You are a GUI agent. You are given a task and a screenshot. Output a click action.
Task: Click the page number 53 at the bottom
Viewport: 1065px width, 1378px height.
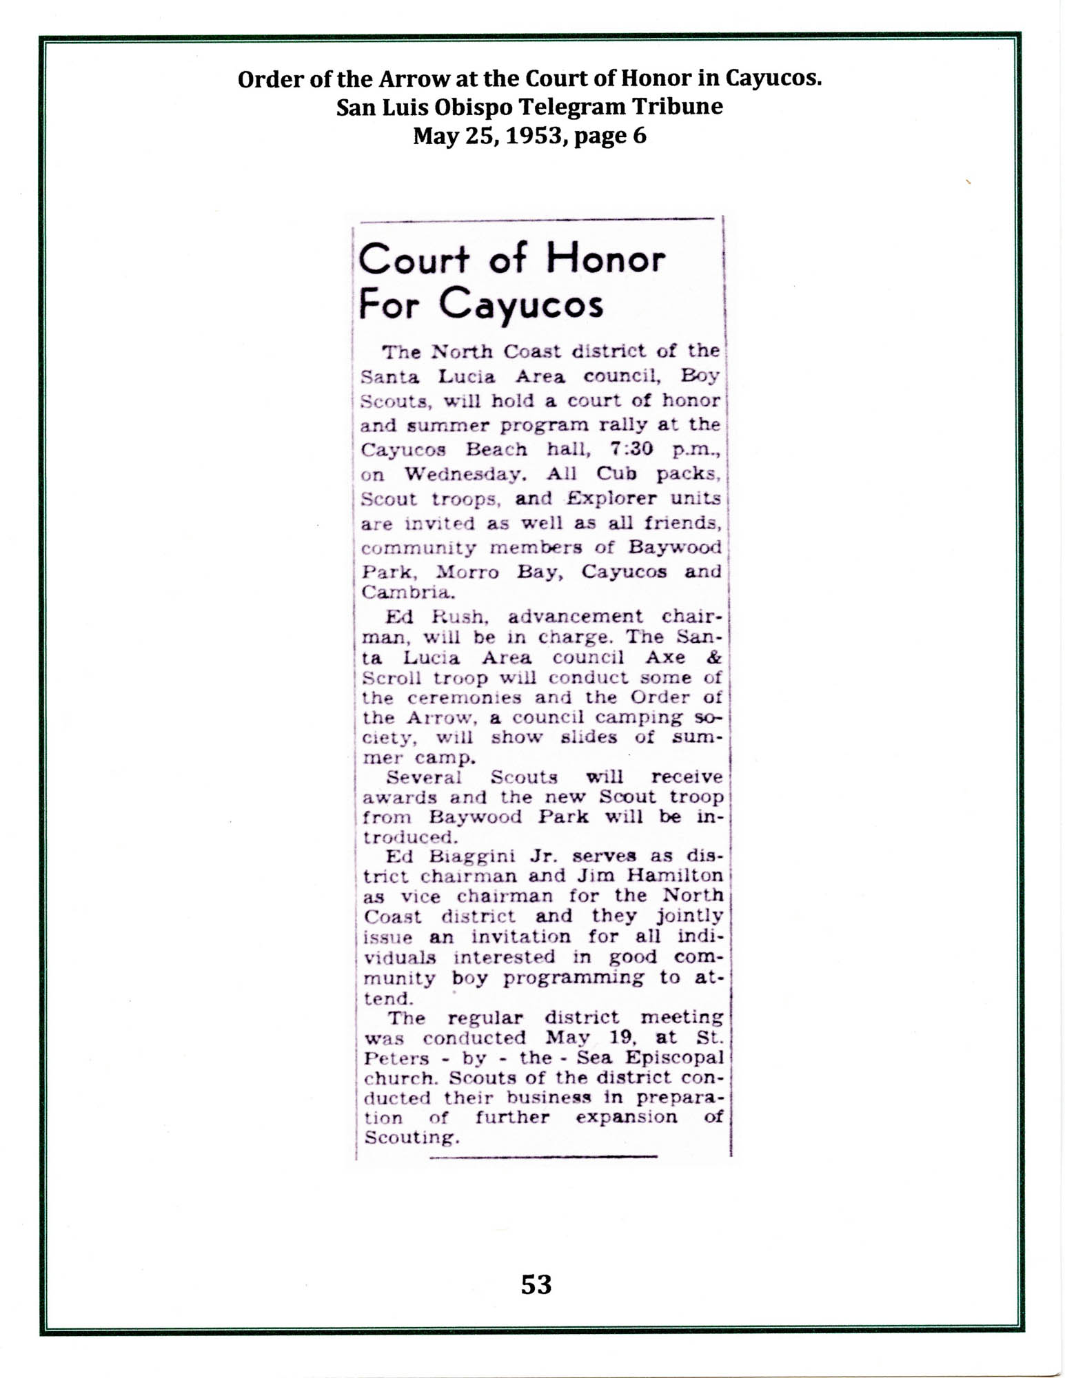(x=536, y=1284)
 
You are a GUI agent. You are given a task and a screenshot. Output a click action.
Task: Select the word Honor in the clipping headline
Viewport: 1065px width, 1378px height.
(x=605, y=260)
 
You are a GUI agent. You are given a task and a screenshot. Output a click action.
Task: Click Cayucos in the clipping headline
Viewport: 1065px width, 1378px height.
(x=521, y=305)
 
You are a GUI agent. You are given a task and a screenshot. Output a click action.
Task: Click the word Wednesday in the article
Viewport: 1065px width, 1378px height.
(x=461, y=474)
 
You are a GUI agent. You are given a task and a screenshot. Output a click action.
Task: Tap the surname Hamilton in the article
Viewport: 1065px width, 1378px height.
(x=679, y=876)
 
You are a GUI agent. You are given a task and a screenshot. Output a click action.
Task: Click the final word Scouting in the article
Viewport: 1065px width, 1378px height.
(x=410, y=1138)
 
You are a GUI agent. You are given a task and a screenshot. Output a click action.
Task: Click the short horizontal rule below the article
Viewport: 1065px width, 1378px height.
(x=542, y=1157)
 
